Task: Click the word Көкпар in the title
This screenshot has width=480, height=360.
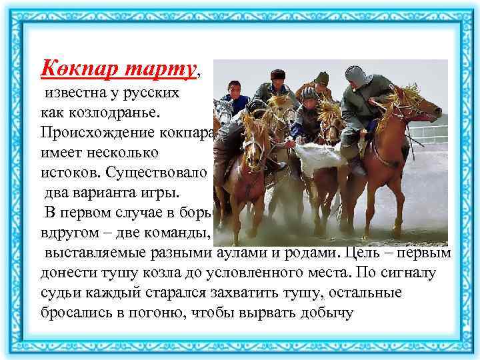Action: [x=73, y=67]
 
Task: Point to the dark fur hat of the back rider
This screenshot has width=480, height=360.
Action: [x=279, y=75]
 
